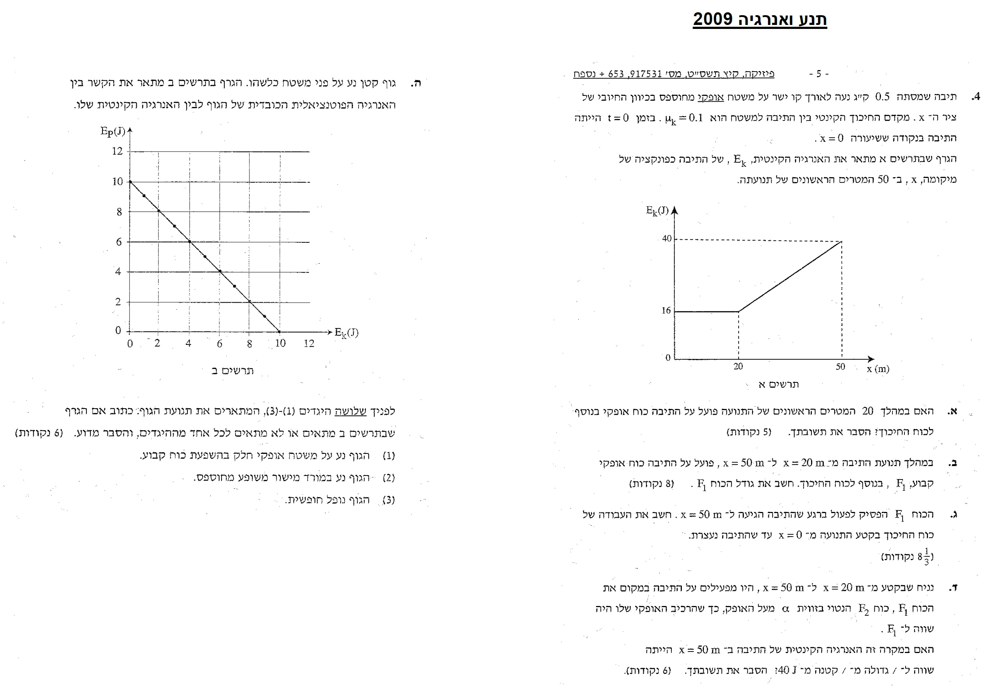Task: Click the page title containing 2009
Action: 760,20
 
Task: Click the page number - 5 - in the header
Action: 819,74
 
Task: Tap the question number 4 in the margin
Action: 976,97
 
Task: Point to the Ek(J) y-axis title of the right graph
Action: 657,211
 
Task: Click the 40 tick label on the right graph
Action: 667,238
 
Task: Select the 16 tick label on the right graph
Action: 666,310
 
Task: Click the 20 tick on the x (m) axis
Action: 738,366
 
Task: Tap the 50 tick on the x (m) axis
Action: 840,367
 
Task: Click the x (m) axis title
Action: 878,369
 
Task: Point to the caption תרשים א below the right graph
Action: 778,384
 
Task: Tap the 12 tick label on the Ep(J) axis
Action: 117,151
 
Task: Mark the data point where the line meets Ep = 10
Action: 130,182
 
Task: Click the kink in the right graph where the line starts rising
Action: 738,311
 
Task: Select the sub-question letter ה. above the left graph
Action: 416,83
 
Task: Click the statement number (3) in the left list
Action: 389,500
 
